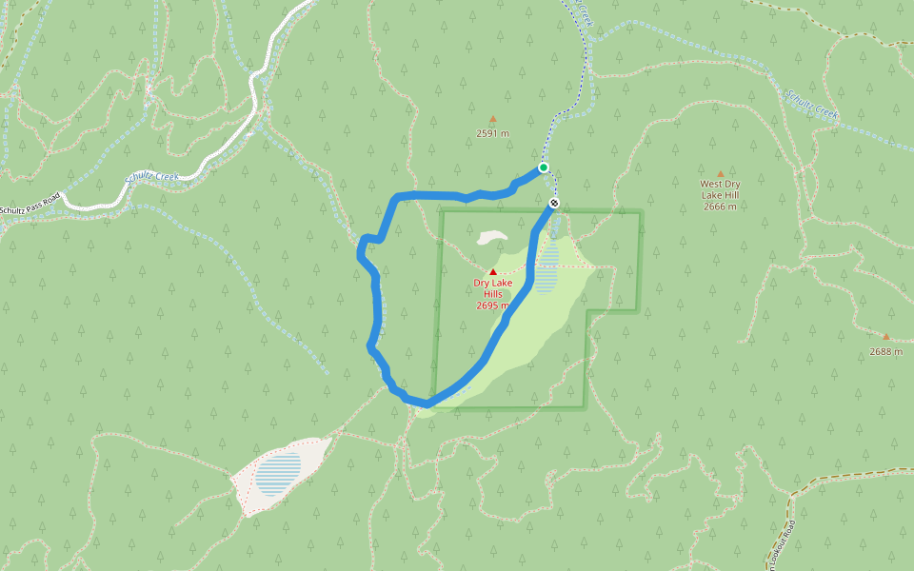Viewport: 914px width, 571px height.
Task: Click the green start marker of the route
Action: pyautogui.click(x=544, y=167)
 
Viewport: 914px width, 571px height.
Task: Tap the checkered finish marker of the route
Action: pyautogui.click(x=554, y=203)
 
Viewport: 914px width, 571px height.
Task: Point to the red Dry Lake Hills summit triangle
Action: pyautogui.click(x=493, y=272)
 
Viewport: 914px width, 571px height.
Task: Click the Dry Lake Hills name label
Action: pyautogui.click(x=493, y=288)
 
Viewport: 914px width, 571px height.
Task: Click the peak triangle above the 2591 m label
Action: pyautogui.click(x=493, y=119)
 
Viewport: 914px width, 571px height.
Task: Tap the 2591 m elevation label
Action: pyautogui.click(x=493, y=133)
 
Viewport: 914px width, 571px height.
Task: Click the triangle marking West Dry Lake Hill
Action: pyautogui.click(x=720, y=174)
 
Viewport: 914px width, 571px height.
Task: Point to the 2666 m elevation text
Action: pyautogui.click(x=720, y=207)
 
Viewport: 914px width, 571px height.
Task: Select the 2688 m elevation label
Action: pyautogui.click(x=885, y=351)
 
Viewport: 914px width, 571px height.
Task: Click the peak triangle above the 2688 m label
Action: pyautogui.click(x=885, y=336)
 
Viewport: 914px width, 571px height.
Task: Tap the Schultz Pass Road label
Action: pyautogui.click(x=30, y=205)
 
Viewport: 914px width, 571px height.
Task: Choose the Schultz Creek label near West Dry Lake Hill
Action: pyautogui.click(x=811, y=104)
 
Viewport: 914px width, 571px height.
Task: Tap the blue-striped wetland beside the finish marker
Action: pyautogui.click(x=547, y=266)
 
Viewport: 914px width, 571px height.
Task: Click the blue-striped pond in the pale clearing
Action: pyautogui.click(x=278, y=474)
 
